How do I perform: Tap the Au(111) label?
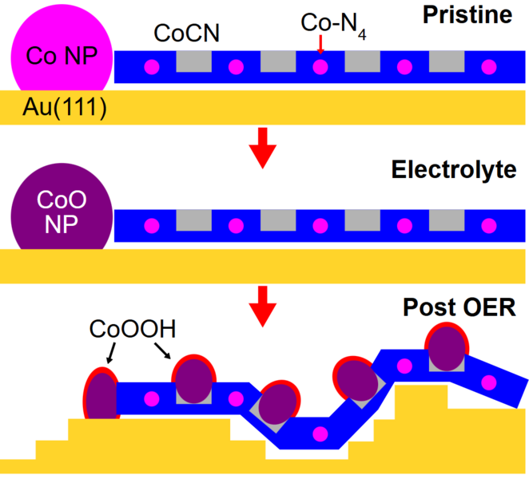coord(54,107)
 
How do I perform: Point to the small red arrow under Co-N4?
coord(320,49)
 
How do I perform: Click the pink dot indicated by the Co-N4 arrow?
coord(320,67)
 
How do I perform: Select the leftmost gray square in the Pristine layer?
coord(193,62)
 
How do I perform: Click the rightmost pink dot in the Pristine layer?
coord(490,67)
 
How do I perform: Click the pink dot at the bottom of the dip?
coord(320,434)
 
